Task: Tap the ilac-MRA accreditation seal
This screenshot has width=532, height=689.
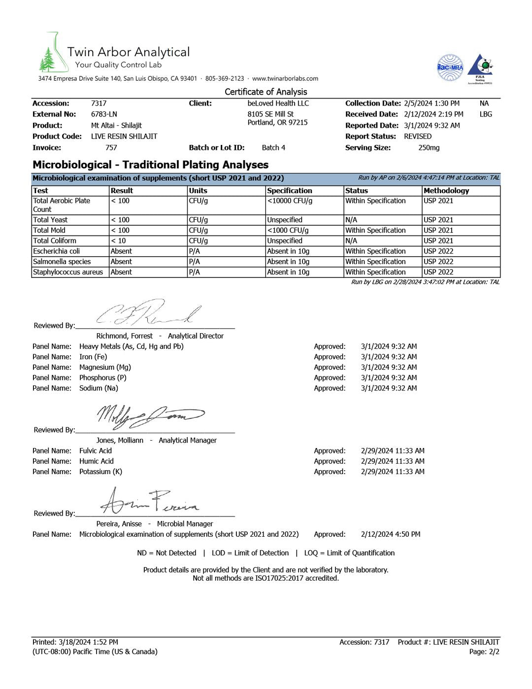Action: pos(450,68)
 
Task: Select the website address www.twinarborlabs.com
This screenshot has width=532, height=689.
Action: pos(285,78)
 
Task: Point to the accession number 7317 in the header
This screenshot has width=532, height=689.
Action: pos(99,103)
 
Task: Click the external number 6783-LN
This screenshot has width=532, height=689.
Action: pos(104,114)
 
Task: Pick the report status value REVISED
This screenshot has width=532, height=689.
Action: pos(418,137)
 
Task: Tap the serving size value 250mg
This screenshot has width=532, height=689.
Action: pos(429,148)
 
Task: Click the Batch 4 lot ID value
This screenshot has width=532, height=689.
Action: pos(273,148)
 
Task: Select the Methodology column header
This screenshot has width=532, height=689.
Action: pos(446,191)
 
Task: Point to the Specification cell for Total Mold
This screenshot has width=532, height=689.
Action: pos(288,231)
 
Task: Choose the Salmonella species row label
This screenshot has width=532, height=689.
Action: pos(62,262)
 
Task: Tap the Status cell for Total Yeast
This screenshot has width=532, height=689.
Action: pos(351,220)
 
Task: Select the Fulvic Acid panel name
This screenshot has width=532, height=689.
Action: pos(96,451)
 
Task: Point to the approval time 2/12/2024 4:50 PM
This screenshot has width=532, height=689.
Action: pos(391,534)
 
